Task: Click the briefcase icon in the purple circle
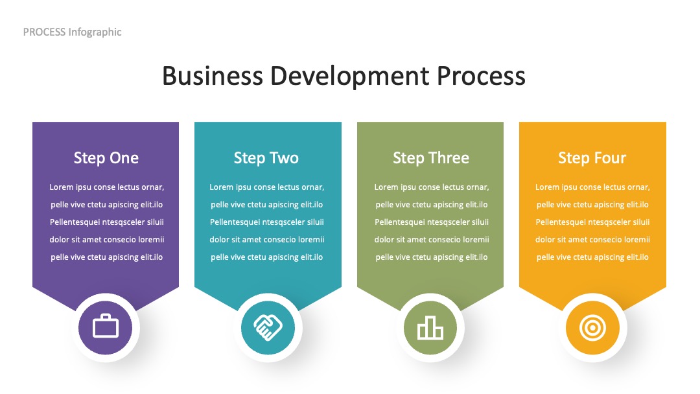pyautogui.click(x=106, y=326)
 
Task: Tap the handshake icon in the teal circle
pyautogui.click(x=268, y=327)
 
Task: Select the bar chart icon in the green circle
pyautogui.click(x=430, y=328)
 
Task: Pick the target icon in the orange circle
pyautogui.click(x=592, y=328)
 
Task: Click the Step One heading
pyautogui.click(x=106, y=158)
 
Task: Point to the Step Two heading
pyautogui.click(x=266, y=158)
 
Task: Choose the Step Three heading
pyautogui.click(x=431, y=158)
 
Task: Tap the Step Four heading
pyautogui.click(x=592, y=158)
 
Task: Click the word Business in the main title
pyautogui.click(x=213, y=76)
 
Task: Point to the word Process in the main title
pyautogui.click(x=481, y=76)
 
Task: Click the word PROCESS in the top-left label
pyautogui.click(x=44, y=32)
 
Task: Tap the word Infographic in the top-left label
pyautogui.click(x=95, y=32)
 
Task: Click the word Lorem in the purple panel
pyautogui.click(x=61, y=187)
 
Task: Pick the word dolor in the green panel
pyautogui.click(x=384, y=240)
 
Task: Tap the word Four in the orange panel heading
pyautogui.click(x=609, y=158)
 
